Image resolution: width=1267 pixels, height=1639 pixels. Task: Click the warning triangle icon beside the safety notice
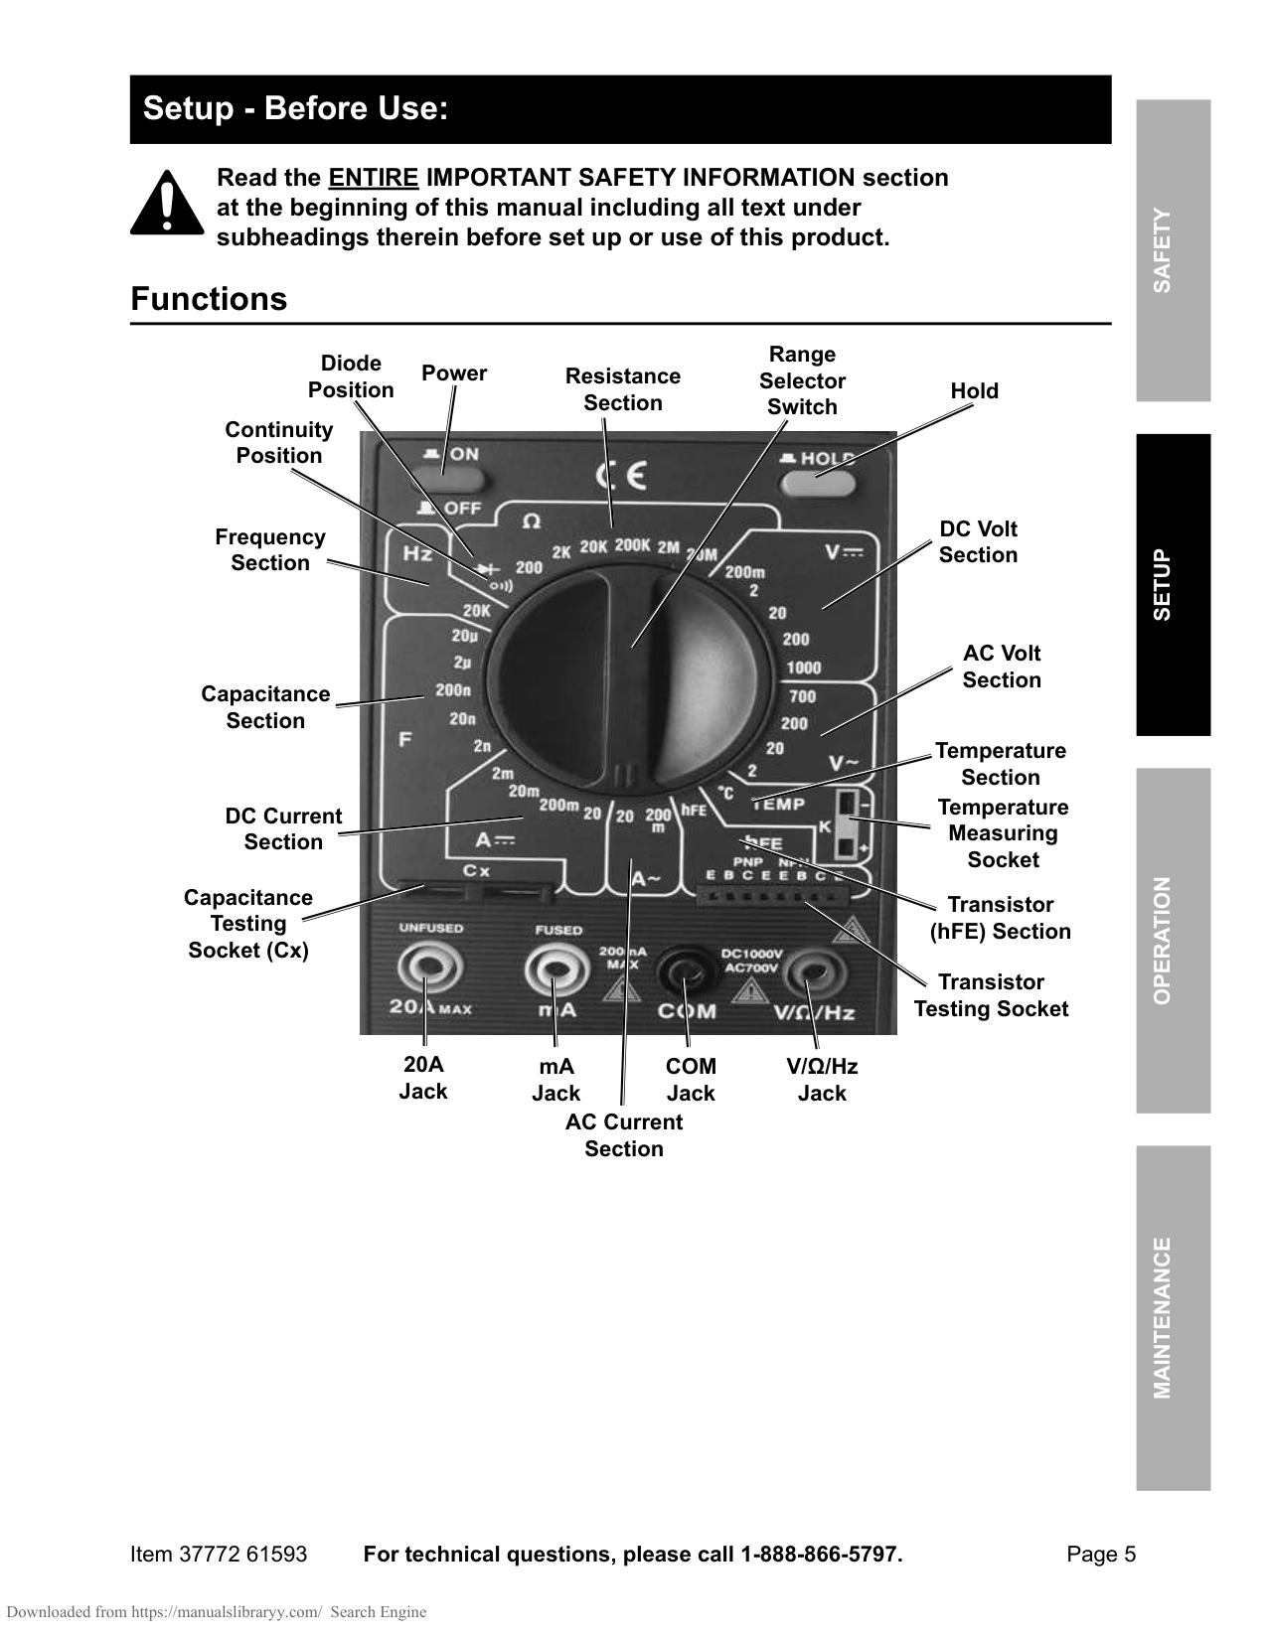click(x=166, y=206)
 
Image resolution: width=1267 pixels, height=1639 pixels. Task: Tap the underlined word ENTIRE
click(x=374, y=178)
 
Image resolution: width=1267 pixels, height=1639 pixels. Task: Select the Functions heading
click(x=209, y=299)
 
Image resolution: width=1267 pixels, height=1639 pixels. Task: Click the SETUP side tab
click(x=1173, y=584)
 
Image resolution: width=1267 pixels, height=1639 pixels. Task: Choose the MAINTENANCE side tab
click(x=1173, y=1317)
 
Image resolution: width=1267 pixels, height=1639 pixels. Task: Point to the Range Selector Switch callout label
click(x=802, y=380)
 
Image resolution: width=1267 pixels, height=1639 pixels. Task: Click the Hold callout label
click(x=974, y=391)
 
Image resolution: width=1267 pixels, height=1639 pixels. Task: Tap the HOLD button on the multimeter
click(x=817, y=483)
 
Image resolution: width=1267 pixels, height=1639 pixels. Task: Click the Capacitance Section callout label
click(x=265, y=707)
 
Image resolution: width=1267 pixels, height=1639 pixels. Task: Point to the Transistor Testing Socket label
click(x=991, y=995)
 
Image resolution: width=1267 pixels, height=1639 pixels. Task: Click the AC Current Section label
click(x=624, y=1135)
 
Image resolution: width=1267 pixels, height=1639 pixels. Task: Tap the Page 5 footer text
click(x=1100, y=1555)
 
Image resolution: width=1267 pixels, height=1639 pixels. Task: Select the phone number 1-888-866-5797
click(x=819, y=1555)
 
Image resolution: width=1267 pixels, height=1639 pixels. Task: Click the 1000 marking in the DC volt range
click(x=804, y=668)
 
